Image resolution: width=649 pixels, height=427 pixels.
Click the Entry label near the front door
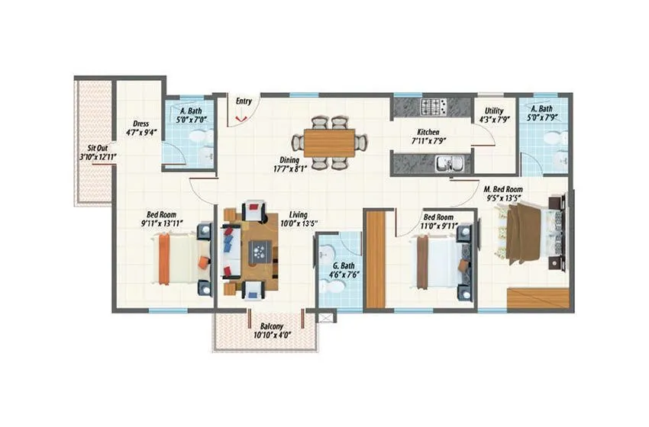coord(244,101)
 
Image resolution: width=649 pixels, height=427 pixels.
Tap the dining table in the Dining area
coord(329,142)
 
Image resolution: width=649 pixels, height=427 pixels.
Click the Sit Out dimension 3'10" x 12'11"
coord(96,157)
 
